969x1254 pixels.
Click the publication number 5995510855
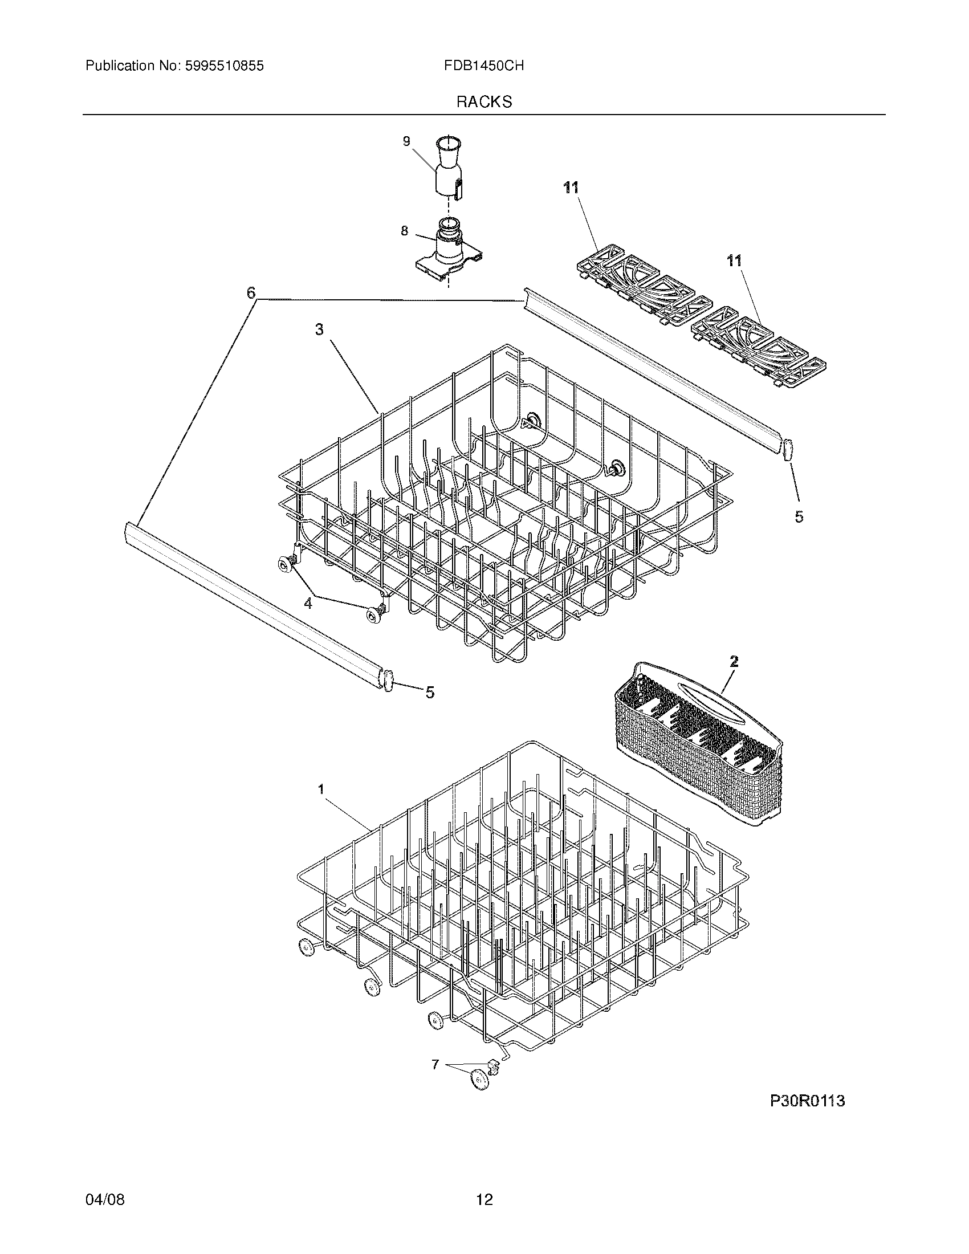pyautogui.click(x=224, y=66)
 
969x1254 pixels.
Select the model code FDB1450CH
pyautogui.click(x=483, y=66)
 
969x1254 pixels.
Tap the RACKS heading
pyautogui.click(x=484, y=102)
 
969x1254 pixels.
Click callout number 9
pyautogui.click(x=406, y=141)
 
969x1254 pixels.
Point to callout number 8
pyautogui.click(x=404, y=231)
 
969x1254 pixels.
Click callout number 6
pyautogui.click(x=251, y=293)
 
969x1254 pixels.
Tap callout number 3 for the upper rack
pyautogui.click(x=319, y=329)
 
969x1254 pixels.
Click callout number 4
pyautogui.click(x=308, y=604)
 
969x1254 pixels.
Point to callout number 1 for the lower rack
pyautogui.click(x=321, y=789)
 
